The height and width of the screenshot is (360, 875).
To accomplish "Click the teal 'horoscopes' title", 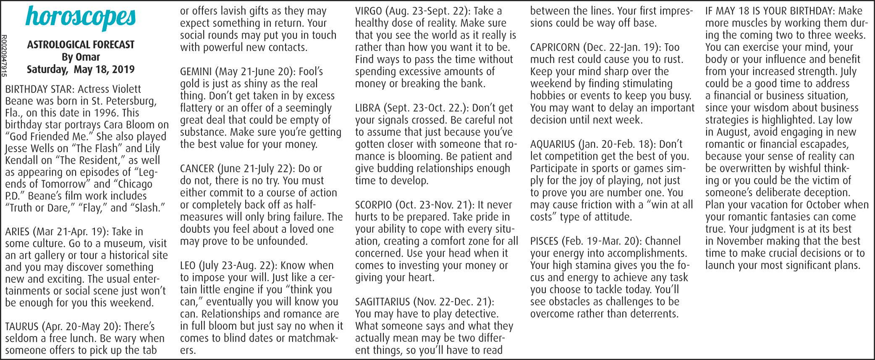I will [81, 17].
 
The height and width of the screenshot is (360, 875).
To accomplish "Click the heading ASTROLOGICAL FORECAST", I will [81, 45].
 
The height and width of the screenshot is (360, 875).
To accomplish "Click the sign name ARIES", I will [18, 231].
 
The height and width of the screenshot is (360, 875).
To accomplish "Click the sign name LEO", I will [187, 265].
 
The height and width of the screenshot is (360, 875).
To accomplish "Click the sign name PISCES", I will [544, 241].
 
